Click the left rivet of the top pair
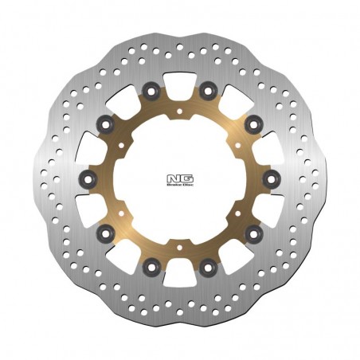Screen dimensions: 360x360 tap(151, 88)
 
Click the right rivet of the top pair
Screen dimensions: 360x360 tap(207, 88)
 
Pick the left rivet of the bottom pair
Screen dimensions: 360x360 tap(151, 266)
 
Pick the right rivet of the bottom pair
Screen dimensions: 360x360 tap(207, 266)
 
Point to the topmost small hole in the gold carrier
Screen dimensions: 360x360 tap(179, 111)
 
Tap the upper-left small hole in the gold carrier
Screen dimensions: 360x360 tap(121, 144)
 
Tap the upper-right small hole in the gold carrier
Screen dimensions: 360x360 tap(237, 144)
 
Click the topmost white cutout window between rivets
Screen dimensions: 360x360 tap(179, 81)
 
